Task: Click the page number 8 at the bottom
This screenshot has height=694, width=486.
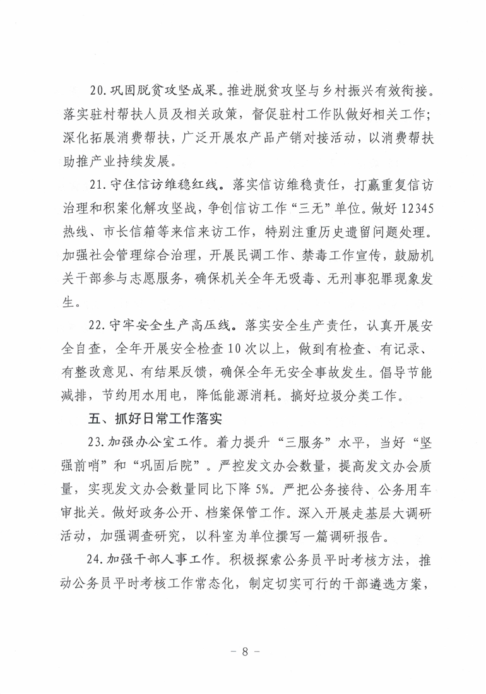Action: [243, 652]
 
